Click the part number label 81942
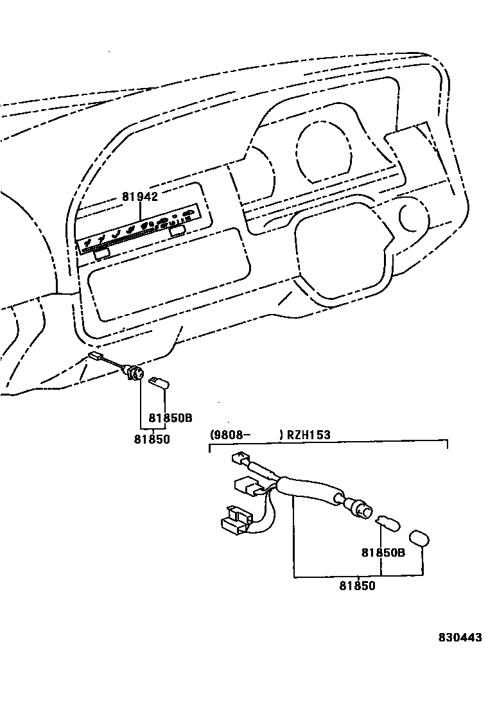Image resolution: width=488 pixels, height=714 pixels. [140, 196]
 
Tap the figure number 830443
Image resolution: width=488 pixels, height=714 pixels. [460, 638]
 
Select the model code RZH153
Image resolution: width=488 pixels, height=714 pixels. [308, 435]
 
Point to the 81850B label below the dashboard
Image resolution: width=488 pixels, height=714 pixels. [171, 417]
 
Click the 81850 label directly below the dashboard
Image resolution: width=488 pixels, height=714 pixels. [152, 439]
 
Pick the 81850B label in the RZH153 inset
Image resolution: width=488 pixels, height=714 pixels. [383, 552]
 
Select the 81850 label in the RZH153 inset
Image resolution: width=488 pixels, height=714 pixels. [357, 586]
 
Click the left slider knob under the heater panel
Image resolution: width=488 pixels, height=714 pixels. [101, 254]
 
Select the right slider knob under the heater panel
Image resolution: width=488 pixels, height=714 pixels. [179, 229]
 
